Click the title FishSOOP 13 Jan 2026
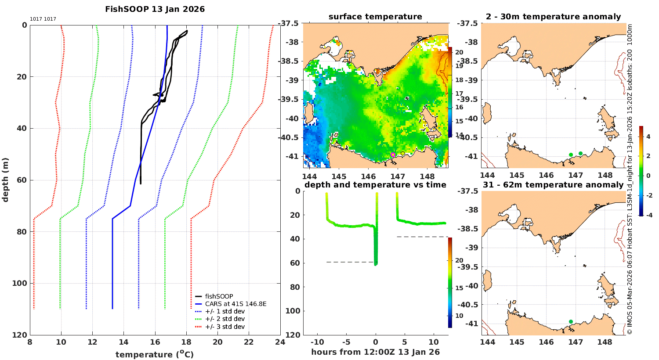(x=155, y=9)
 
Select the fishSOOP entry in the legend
(x=219, y=296)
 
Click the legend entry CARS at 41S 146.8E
(x=235, y=304)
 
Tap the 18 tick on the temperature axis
(x=186, y=342)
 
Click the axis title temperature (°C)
(x=155, y=354)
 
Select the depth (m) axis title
(x=5, y=180)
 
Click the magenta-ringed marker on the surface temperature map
(x=393, y=155)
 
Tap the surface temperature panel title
(x=375, y=17)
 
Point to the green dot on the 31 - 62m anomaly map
(x=571, y=321)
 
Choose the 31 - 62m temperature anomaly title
(x=553, y=185)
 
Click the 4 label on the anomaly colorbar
(x=648, y=137)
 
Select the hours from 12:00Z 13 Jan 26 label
(x=375, y=352)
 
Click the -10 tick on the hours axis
(x=317, y=342)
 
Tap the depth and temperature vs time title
(x=375, y=185)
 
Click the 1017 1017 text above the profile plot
(x=43, y=19)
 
